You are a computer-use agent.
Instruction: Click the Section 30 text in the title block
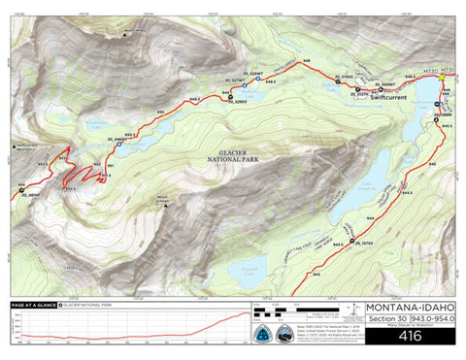384,320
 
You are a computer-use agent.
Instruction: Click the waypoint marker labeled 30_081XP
24,190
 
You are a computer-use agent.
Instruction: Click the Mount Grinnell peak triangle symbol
167,205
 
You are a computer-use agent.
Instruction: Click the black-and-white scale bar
273,312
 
